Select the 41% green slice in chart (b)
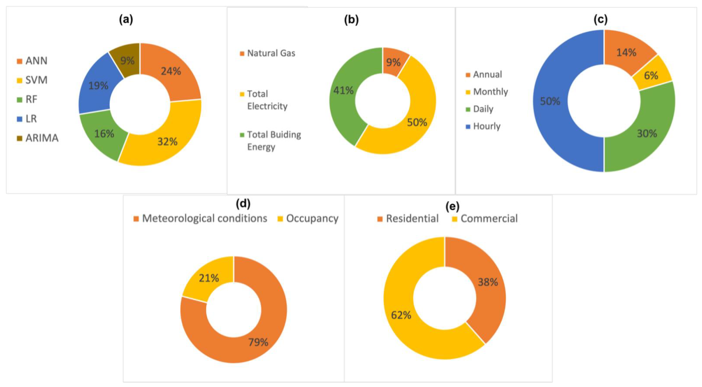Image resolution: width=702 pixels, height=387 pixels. pos(343,91)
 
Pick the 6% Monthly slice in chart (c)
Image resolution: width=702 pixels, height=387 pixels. pos(651,75)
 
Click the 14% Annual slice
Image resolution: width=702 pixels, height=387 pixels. pos(626,52)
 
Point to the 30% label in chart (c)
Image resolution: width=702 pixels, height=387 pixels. pos(647,133)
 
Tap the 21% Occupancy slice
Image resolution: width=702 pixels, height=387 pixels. pos(209,278)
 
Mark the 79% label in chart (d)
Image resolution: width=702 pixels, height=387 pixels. pos(258,342)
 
